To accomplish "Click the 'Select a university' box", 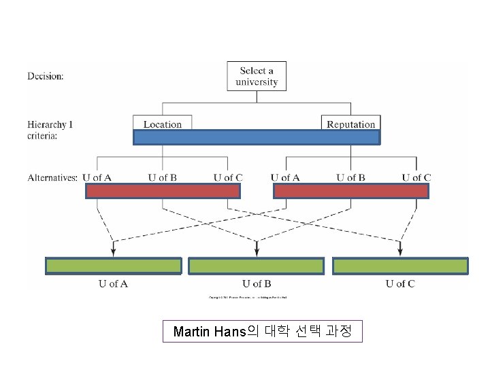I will [257, 76].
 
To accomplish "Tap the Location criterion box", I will [163, 124].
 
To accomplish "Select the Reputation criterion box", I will [350, 124].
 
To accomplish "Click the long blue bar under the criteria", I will [257, 137].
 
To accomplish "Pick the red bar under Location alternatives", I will [163, 191].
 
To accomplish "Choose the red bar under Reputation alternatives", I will [350, 191].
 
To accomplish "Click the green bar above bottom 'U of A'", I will [113, 266].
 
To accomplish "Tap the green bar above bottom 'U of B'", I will [257, 266].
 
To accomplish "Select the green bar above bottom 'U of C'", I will [400, 266].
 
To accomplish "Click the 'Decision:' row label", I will [46, 76].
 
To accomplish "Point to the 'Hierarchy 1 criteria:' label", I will [50, 130].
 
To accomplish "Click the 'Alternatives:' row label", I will [52, 178].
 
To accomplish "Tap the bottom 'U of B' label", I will [257, 283].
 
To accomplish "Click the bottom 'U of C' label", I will [400, 283].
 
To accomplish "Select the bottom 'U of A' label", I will [113, 283].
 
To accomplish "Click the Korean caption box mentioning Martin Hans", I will [262, 332].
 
